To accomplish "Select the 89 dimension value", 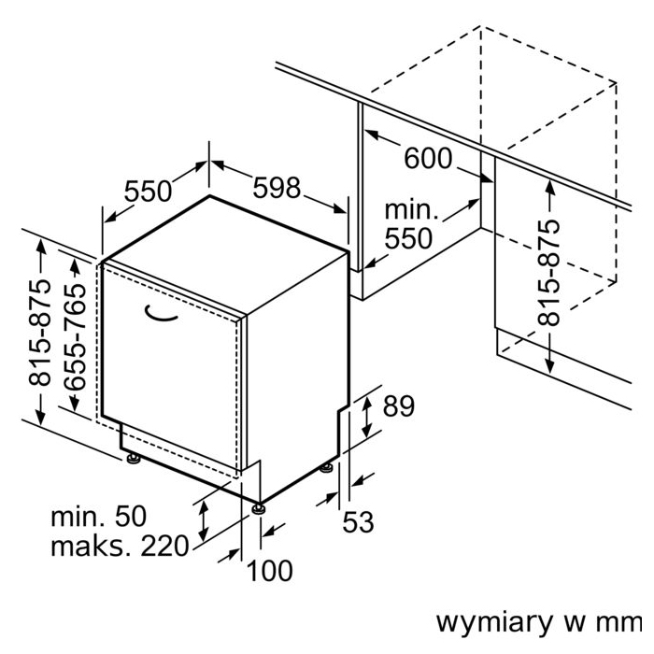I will pos(398,406).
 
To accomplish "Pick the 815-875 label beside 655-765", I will pos(40,334).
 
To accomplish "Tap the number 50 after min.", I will pos(128,516).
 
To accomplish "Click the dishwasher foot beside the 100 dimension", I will pos(257,509).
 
